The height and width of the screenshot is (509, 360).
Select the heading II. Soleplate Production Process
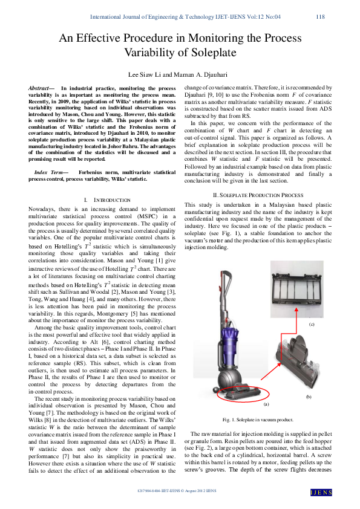[258, 178]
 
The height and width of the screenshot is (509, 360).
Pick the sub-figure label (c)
[311, 325]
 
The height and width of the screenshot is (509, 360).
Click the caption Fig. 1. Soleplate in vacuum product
[258, 419]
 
